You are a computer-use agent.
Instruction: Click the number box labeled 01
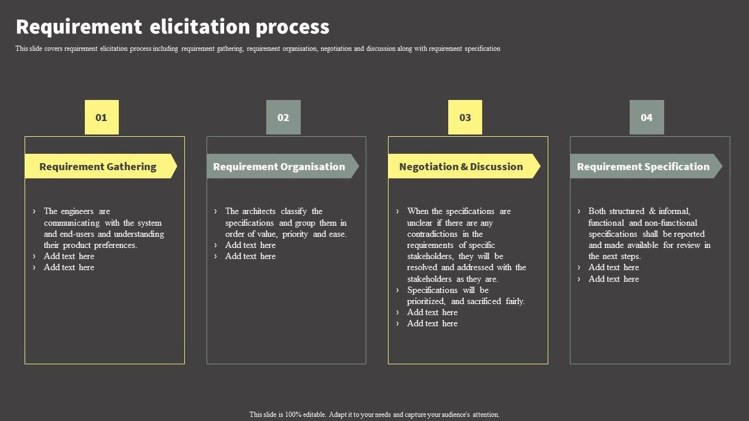coord(102,118)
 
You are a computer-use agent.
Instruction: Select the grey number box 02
coord(283,118)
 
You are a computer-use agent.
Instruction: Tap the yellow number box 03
coord(465,118)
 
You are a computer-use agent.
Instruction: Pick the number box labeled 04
coord(647,118)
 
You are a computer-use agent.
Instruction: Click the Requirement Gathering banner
coord(98,167)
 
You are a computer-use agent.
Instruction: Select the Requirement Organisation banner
coord(280,167)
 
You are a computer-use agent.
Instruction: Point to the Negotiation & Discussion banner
coord(461,167)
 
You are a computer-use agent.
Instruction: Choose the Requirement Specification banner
coord(643,167)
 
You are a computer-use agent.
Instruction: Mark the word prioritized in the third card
coord(426,301)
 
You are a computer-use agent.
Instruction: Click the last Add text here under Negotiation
coord(432,323)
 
